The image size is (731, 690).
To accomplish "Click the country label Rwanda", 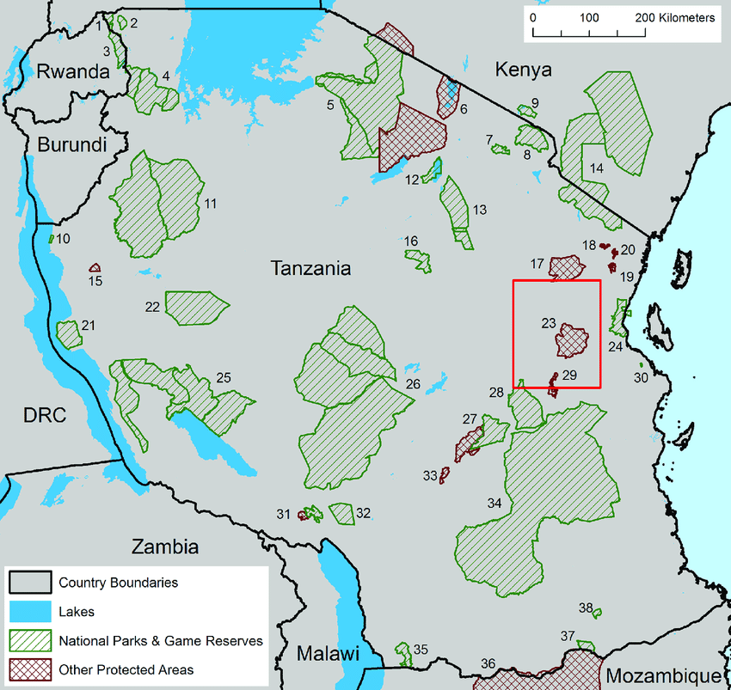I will [x=73, y=72].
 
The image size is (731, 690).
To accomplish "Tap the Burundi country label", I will [x=71, y=143].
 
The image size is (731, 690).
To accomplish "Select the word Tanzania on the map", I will [x=310, y=268].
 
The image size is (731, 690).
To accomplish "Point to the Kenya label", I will [x=524, y=70].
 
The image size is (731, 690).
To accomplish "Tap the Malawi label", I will [x=328, y=654].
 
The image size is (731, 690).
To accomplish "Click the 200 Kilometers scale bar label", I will [x=674, y=17].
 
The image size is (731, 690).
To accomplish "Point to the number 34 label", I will [x=494, y=503].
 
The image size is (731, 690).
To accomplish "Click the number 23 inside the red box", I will [x=550, y=324].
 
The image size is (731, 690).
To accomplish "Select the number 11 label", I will [x=209, y=204].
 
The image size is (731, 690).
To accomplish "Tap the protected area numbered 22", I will [x=195, y=307].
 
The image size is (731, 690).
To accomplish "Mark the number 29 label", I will [x=568, y=375].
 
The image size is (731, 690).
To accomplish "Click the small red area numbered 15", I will [x=95, y=268].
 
